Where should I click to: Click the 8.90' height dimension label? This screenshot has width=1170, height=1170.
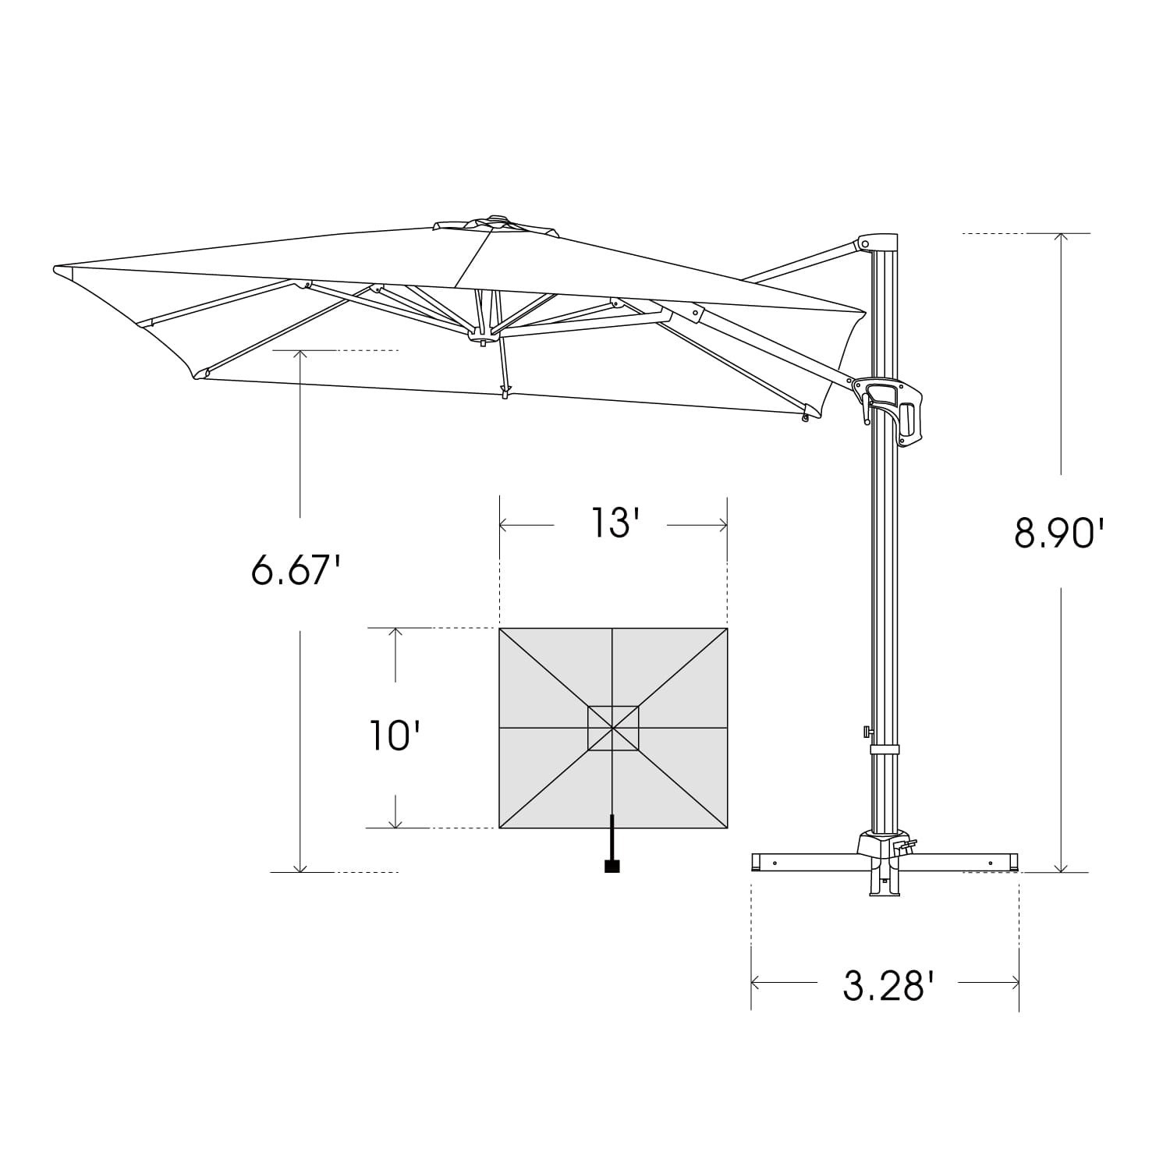click(1059, 534)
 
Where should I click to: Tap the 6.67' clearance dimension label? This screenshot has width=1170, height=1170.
click(296, 570)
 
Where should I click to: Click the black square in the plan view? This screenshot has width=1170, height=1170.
click(612, 866)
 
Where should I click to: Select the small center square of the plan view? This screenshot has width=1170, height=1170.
click(613, 729)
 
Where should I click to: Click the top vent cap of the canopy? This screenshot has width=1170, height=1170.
click(496, 223)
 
